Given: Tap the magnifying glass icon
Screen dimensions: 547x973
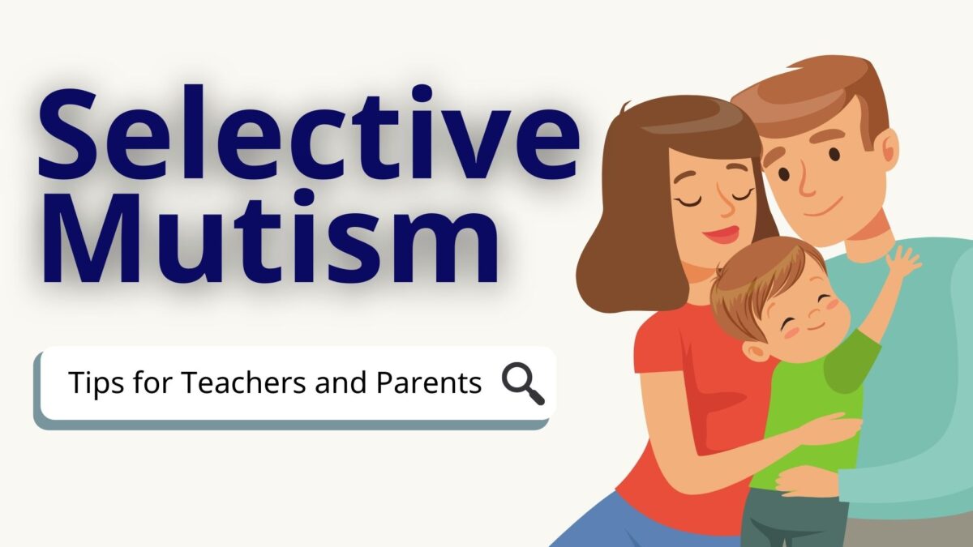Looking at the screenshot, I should point(523,383).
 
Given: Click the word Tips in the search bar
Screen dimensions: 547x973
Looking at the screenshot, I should point(93,382).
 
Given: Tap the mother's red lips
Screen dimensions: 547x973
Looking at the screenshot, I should point(720,236).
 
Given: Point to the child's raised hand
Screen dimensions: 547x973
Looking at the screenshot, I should point(902,263).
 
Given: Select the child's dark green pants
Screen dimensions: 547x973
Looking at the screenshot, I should point(791,519).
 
